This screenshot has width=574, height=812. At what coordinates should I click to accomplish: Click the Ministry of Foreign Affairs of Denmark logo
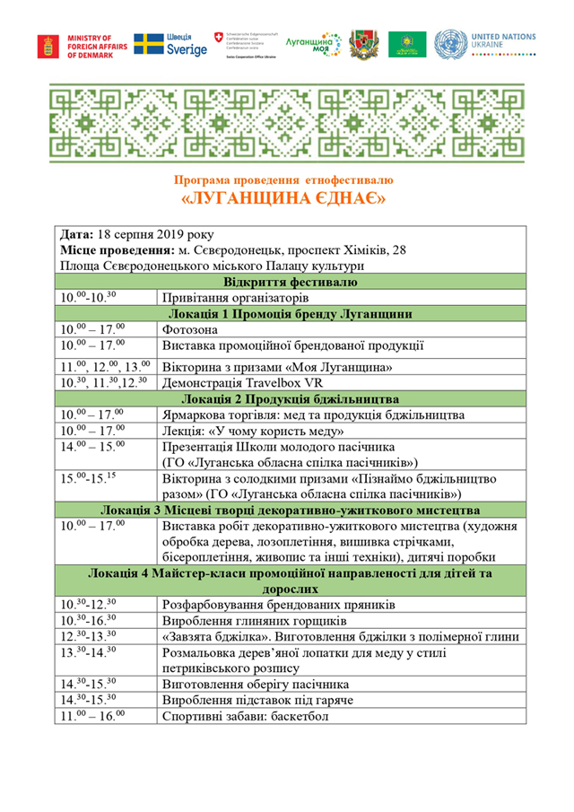(78, 46)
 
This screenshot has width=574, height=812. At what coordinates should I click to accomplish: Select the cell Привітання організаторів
(236, 297)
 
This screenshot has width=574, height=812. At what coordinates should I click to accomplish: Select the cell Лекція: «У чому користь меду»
(253, 431)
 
